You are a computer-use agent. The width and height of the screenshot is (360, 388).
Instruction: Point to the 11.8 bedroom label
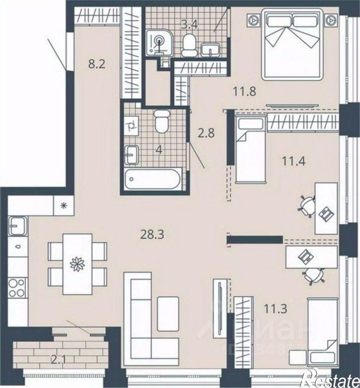[x=245, y=91]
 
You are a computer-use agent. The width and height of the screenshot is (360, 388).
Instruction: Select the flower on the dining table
[x=78, y=263]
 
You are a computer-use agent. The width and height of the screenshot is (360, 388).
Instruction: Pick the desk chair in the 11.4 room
[x=307, y=205]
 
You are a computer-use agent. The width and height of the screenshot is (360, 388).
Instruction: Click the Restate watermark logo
[x=333, y=380]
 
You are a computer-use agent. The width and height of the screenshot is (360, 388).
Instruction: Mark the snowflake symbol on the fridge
[x=64, y=204]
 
